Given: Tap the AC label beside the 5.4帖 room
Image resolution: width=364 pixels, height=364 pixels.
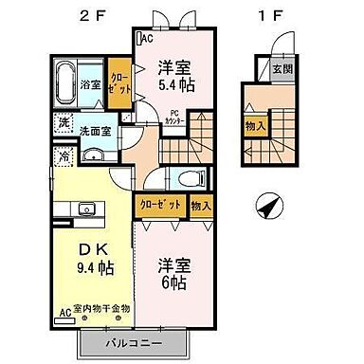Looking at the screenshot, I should point(147,39).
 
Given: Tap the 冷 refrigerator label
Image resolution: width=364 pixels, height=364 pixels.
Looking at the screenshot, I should point(62,157).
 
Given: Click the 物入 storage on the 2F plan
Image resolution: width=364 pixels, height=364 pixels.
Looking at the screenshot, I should point(201,205).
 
